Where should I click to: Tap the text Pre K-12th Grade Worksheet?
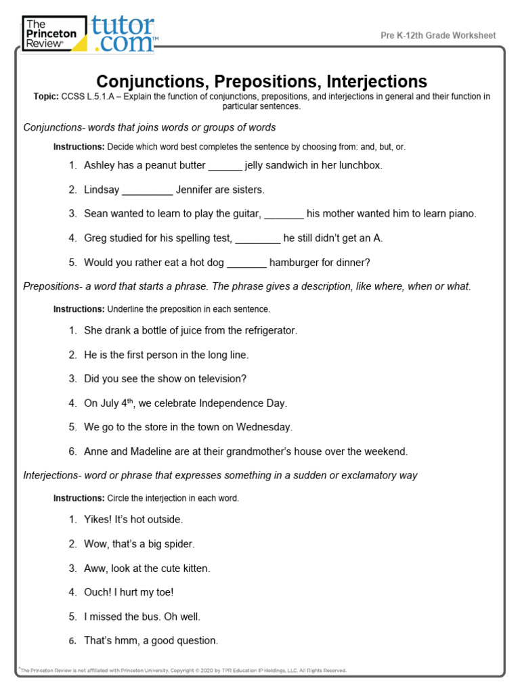coord(437,35)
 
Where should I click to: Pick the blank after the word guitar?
coord(284,214)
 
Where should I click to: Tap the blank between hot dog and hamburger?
coord(248,263)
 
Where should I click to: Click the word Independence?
coord(231,403)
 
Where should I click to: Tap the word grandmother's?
coord(288,451)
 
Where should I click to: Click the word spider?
coord(179,544)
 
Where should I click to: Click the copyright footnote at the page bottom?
coord(183,671)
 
